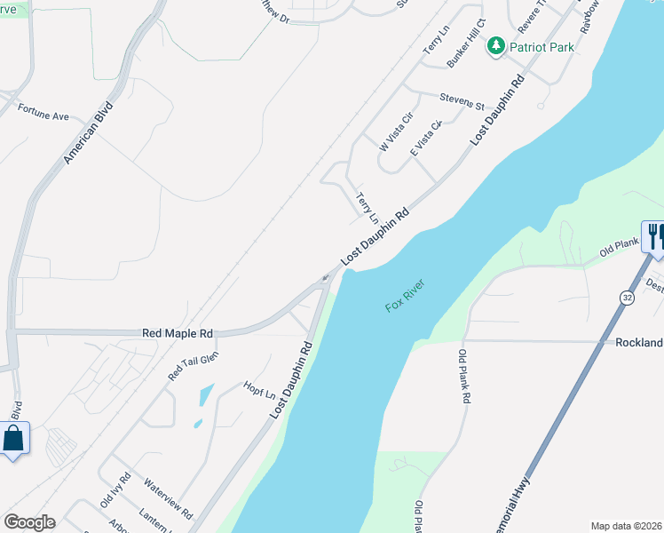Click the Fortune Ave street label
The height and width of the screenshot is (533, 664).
pyautogui.click(x=43, y=116)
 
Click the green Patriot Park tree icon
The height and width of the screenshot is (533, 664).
pyautogui.click(x=496, y=46)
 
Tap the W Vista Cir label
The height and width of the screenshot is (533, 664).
pyautogui.click(x=397, y=131)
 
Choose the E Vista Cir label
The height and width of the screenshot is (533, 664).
pyautogui.click(x=426, y=139)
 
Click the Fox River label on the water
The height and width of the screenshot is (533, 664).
pyautogui.click(x=406, y=295)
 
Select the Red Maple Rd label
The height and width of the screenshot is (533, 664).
pyautogui.click(x=178, y=334)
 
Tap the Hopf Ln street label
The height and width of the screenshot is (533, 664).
pyautogui.click(x=258, y=391)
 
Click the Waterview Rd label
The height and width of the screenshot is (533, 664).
pyautogui.click(x=168, y=498)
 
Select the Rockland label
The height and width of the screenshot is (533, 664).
pyautogui.click(x=639, y=343)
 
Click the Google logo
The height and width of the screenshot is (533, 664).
pyautogui.click(x=29, y=522)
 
